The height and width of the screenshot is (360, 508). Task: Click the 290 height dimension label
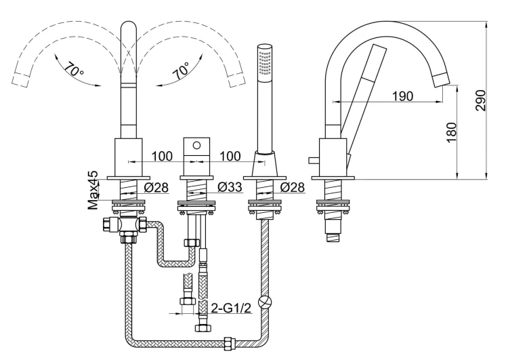pyautogui.click(x=481, y=100)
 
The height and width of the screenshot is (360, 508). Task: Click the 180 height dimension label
pyautogui.click(x=451, y=132)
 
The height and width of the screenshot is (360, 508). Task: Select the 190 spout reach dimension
pyautogui.click(x=403, y=96)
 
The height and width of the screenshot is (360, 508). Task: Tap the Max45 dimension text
pyautogui.click(x=93, y=190)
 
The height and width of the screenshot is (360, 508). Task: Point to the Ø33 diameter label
pyautogui.click(x=230, y=187)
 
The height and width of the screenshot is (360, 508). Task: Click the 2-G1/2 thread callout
pyautogui.click(x=231, y=308)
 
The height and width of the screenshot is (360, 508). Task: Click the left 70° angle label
pyautogui.click(x=74, y=68)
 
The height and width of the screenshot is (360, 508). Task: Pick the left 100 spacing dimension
pyautogui.click(x=162, y=157)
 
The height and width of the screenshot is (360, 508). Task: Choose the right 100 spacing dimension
pyautogui.click(x=230, y=157)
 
